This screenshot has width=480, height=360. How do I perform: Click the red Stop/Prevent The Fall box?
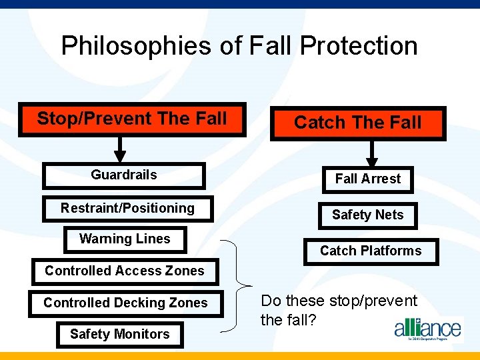click(132, 120)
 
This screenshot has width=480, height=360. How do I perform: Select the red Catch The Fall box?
click(358, 123)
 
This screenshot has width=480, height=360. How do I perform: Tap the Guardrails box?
click(124, 175)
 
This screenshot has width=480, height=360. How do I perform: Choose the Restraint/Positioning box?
click(127, 209)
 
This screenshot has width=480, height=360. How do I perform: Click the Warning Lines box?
click(125, 239)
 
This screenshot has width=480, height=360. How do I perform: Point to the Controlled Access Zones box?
click(125, 271)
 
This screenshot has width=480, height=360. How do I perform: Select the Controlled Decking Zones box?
click(125, 303)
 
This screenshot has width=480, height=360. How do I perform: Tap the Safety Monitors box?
click(120, 335)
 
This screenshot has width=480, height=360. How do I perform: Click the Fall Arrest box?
click(368, 179)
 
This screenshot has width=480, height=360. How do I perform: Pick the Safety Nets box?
click(368, 215)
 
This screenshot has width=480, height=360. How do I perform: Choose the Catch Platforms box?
click(371, 251)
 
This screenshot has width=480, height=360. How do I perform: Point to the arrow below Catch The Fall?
click(372, 153)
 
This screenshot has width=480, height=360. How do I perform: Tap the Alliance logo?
click(427, 329)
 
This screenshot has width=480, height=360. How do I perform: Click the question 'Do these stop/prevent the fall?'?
click(339, 310)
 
